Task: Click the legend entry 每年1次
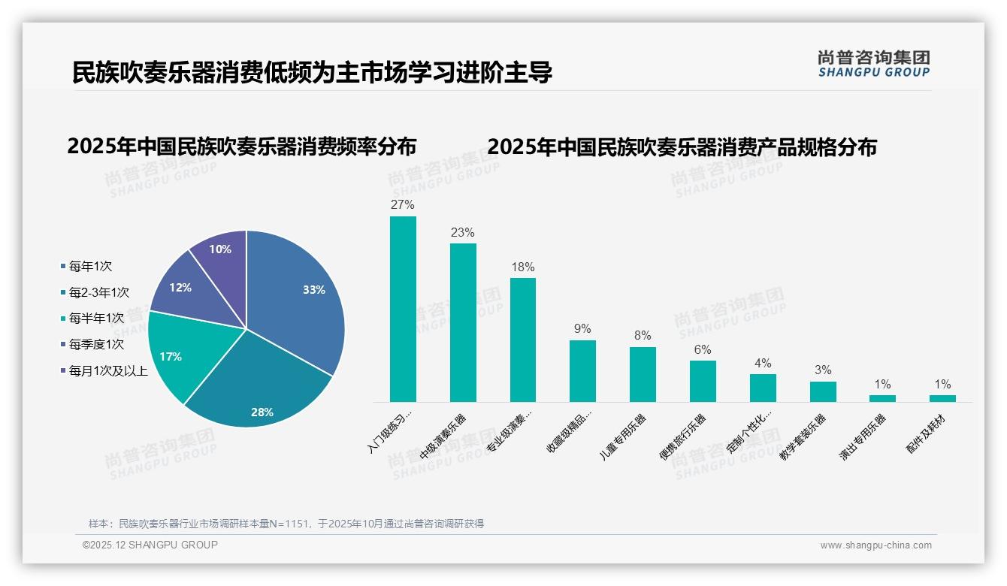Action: [89, 266]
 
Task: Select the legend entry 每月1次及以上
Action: [107, 370]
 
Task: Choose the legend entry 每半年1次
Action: [95, 318]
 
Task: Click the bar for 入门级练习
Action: [403, 309]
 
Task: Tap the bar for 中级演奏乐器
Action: [463, 322]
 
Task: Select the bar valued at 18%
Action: [523, 340]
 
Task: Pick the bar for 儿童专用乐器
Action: [643, 374]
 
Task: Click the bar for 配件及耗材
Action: [942, 398]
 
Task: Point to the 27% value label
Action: [403, 204]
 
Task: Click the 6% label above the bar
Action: [703, 349]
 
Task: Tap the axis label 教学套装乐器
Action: [803, 436]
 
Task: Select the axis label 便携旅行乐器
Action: [682, 436]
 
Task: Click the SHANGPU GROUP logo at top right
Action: [873, 64]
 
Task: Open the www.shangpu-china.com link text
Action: [875, 545]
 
